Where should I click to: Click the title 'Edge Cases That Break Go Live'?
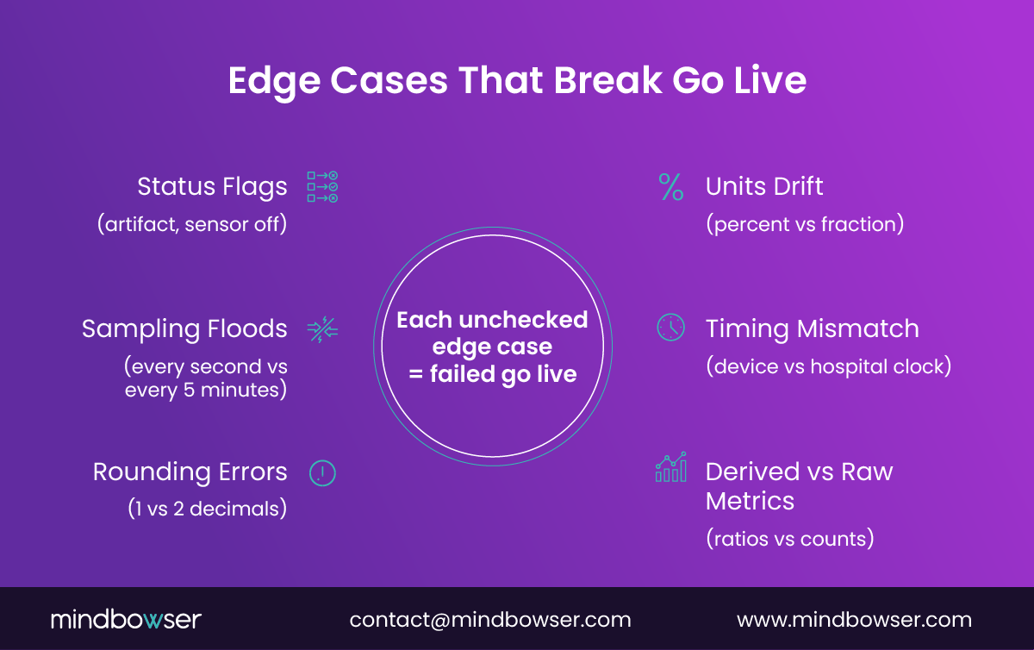click(517, 81)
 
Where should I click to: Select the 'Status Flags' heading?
click(212, 186)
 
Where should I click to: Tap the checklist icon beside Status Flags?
click(322, 186)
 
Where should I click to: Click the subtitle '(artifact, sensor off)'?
click(191, 224)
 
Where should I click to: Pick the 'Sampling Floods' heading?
click(184, 328)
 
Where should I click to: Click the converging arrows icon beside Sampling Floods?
click(322, 328)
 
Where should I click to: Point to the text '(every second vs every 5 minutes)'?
click(205, 378)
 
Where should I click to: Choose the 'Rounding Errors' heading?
click(190, 472)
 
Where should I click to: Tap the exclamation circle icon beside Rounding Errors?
click(322, 472)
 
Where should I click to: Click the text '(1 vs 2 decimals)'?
click(206, 509)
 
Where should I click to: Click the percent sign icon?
click(670, 186)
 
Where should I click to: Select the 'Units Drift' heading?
click(764, 186)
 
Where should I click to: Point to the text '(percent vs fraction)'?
click(805, 224)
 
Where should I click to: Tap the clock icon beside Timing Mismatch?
click(670, 328)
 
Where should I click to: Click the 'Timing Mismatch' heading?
click(812, 328)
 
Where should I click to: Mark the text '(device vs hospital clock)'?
click(828, 366)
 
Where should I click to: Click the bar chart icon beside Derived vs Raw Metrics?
click(670, 467)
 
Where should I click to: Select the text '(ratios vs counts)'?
click(790, 539)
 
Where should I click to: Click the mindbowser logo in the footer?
click(126, 619)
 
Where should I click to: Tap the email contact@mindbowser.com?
click(490, 619)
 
